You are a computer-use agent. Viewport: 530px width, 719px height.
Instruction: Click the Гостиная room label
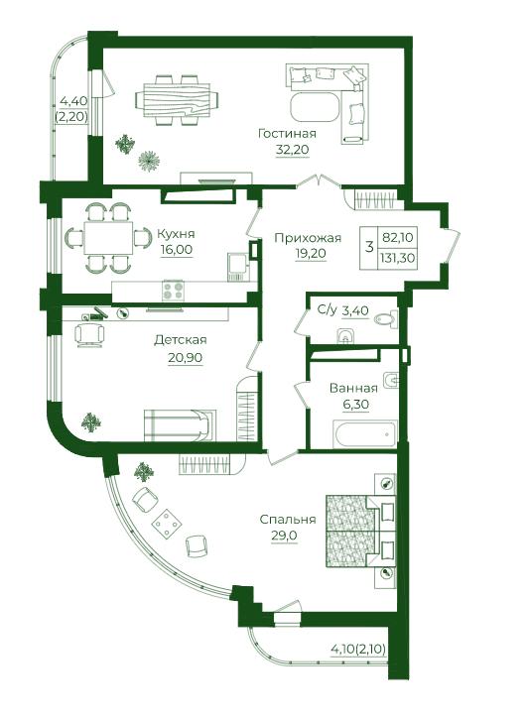pos(287,134)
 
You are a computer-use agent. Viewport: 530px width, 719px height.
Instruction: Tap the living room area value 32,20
pos(293,149)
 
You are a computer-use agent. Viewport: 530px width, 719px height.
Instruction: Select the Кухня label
pos(176,234)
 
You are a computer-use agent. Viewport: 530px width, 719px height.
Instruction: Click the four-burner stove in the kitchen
pos(173,290)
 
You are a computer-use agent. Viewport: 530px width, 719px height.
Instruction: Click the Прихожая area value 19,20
pos(311,254)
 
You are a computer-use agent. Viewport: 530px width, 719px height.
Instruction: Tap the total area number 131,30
pos(397,258)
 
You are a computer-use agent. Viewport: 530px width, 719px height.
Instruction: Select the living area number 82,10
pos(397,238)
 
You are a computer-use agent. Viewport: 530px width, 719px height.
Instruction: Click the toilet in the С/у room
pos(385,318)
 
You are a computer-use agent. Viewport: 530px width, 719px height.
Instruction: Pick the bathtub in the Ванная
pos(365,433)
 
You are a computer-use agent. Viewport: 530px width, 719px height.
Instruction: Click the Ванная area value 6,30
pos(355,405)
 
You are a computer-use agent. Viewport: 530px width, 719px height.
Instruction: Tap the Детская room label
pos(181,340)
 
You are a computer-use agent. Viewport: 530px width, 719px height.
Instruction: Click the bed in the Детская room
pos(180,425)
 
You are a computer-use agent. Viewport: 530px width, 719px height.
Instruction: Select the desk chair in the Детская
pos(89,334)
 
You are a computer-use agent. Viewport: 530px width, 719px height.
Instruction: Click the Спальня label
pos(288,519)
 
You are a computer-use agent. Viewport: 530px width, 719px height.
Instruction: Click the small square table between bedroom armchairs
pos(166,523)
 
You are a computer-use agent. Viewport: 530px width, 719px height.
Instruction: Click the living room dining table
pos(177,99)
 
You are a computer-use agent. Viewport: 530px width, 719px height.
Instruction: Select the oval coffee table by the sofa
pos(315,107)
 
